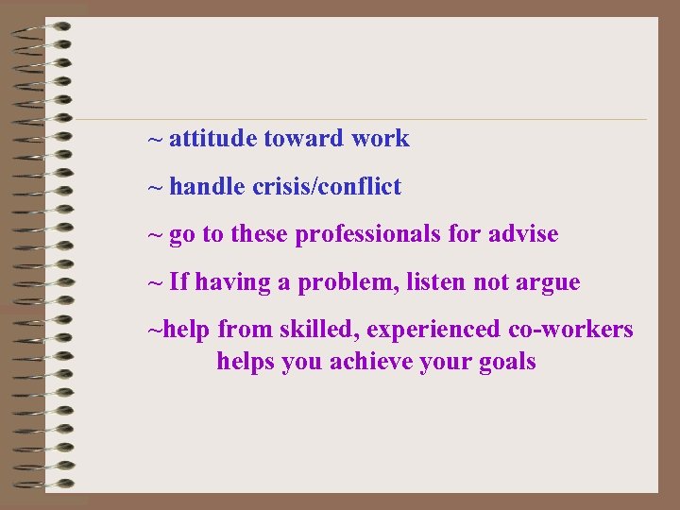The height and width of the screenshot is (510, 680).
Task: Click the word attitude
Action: coord(212,139)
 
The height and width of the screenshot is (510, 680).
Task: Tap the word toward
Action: coord(303,139)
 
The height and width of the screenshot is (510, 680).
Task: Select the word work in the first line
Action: coord(381,139)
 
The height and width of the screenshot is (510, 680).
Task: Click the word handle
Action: coord(208,187)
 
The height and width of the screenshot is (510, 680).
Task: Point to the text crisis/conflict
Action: coord(327,187)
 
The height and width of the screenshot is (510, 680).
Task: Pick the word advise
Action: coord(523,234)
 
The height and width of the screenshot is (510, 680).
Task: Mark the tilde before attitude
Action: coord(155,139)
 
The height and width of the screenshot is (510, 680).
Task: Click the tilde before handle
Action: coord(155,187)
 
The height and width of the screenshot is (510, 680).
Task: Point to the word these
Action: coord(259,234)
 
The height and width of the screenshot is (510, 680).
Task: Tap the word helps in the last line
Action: coord(246,362)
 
